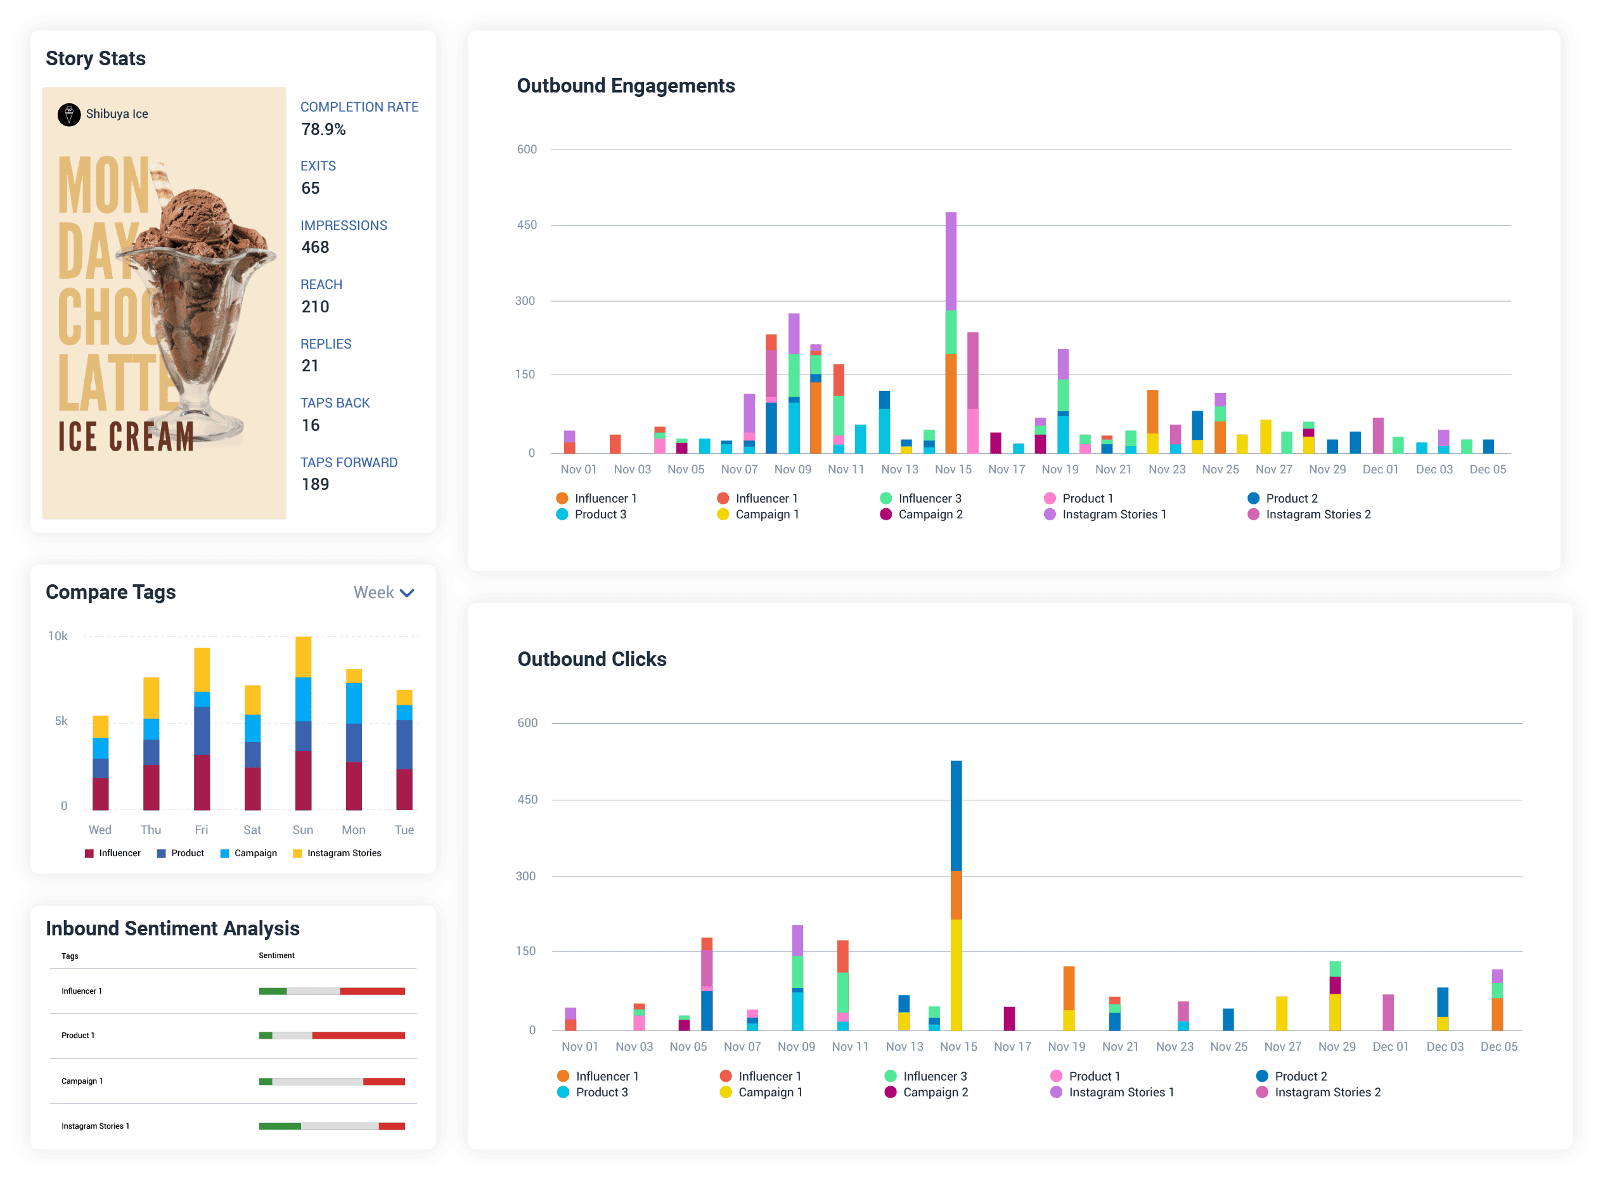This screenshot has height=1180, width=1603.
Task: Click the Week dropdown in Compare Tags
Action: point(383,593)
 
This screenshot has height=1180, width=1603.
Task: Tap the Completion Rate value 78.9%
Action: point(324,129)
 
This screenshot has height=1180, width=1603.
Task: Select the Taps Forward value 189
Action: point(315,484)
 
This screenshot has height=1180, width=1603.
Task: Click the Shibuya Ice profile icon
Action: point(68,114)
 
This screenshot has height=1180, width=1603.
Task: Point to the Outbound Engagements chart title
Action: point(625,86)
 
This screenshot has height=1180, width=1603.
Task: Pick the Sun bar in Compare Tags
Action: point(303,723)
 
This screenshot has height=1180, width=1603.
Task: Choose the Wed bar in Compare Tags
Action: point(101,763)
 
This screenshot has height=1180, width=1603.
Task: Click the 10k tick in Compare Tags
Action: point(57,636)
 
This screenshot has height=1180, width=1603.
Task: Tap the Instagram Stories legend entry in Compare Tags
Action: point(337,853)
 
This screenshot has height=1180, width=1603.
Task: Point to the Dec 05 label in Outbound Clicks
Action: point(1498,1046)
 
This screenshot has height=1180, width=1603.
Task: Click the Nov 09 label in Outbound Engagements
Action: point(792,470)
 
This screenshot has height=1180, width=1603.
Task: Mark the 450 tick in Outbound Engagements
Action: point(527,225)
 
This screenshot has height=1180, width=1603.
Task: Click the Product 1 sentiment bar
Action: point(332,1036)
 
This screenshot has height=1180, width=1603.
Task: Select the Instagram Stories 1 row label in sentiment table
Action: point(95,1126)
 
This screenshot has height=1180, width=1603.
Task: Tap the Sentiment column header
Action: point(276,956)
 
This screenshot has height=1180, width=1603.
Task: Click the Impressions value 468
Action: point(315,247)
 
